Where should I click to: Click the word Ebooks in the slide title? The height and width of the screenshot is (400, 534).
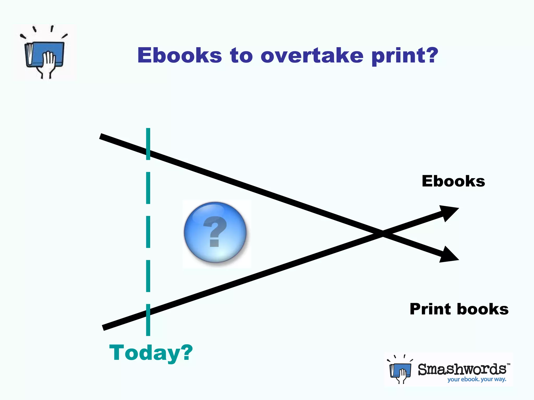(180, 55)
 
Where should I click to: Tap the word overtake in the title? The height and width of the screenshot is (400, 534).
(312, 55)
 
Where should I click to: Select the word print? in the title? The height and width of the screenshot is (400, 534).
(405, 56)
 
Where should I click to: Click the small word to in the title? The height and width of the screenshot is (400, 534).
(241, 55)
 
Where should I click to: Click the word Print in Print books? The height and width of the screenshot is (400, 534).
(430, 309)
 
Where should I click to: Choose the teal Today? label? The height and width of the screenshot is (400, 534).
(151, 353)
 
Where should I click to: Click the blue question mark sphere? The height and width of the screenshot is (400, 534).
(215, 232)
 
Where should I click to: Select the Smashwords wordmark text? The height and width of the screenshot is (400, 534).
(462, 369)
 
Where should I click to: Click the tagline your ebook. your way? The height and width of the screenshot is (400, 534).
(477, 379)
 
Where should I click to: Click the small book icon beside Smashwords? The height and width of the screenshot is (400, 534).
(400, 370)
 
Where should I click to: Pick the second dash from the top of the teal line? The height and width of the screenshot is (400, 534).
(148, 188)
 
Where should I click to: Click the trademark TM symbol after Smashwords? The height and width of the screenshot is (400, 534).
(508, 364)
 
